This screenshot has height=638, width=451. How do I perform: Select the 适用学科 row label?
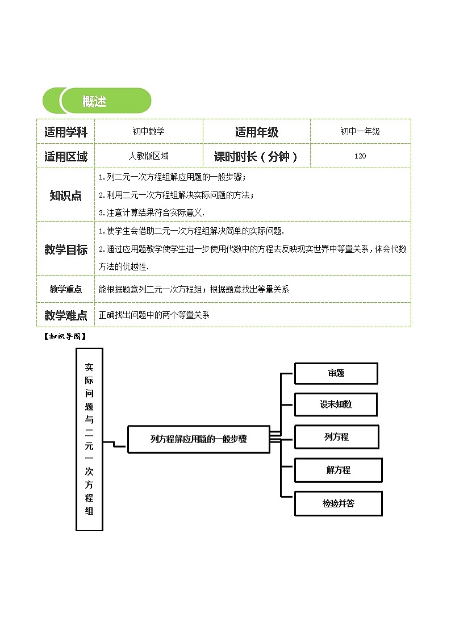point(66,132)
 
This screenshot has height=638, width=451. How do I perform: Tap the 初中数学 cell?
point(148,132)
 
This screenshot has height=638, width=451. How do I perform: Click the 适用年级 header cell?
point(257,132)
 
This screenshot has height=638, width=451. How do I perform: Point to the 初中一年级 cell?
point(360,132)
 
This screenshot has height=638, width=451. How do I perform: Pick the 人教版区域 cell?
point(148,156)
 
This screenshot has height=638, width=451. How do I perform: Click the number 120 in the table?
point(360,156)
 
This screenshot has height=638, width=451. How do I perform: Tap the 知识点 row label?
point(66,195)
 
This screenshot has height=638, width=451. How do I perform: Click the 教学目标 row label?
point(66,249)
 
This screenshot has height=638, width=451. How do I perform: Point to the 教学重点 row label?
point(66,289)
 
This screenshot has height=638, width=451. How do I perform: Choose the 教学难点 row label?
point(66,315)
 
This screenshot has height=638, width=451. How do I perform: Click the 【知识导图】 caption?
point(64,336)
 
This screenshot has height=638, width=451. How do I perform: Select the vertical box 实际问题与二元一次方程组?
point(89,439)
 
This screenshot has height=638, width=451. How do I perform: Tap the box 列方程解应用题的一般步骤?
point(198,439)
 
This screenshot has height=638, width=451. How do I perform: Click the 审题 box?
point(336,373)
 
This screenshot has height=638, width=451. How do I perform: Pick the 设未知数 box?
point(336,405)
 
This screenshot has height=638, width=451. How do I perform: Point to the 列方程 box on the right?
point(336,437)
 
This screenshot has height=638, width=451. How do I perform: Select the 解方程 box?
point(338,470)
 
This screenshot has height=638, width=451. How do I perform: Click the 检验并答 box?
point(338,503)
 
